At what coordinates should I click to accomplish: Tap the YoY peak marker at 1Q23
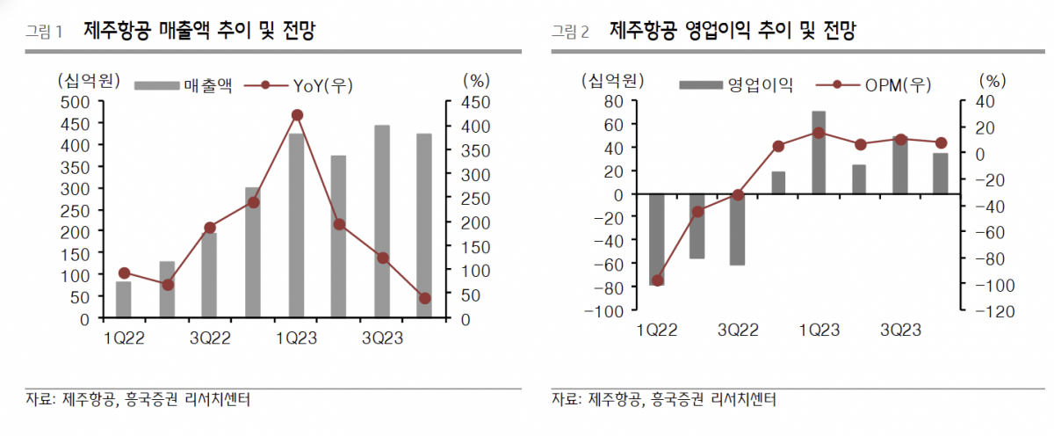pos(297,115)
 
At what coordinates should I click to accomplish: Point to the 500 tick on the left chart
pos(75,102)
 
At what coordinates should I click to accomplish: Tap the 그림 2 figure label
pos(570,33)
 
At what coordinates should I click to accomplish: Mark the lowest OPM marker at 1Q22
pos(657,280)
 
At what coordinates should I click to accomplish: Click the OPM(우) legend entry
pos(874,85)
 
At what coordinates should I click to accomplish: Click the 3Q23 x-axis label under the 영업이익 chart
pos(901,331)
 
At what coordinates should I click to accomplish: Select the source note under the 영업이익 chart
pos(664,400)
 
